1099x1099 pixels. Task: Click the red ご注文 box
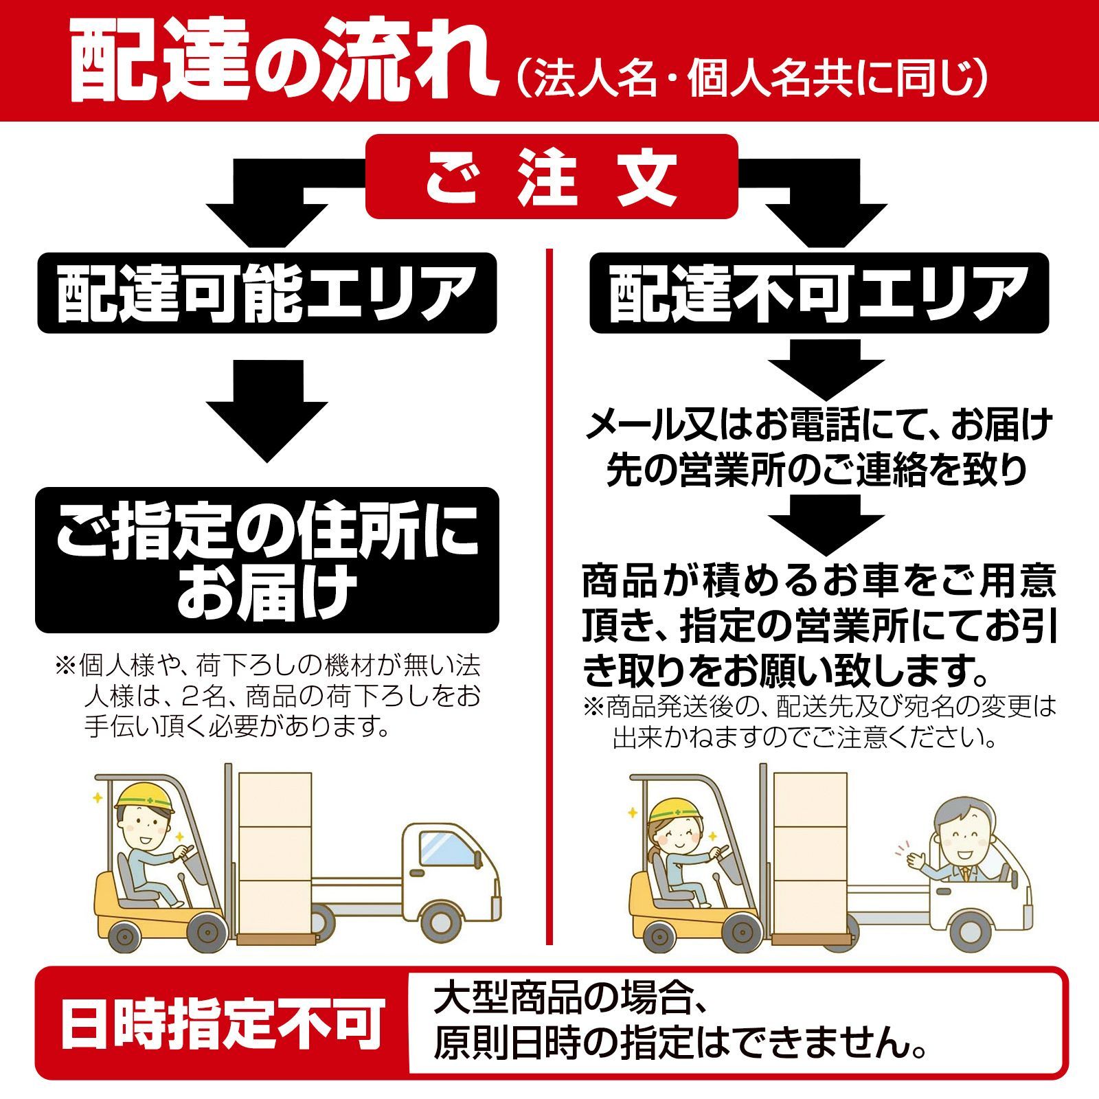[551, 177]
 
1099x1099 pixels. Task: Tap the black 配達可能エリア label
[267, 293]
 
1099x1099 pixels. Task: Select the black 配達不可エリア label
[819, 293]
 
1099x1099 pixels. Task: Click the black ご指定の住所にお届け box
[267, 560]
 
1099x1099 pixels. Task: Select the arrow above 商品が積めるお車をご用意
[825, 523]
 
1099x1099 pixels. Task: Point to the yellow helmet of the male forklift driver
[144, 796]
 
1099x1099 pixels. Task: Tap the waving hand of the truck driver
[916, 858]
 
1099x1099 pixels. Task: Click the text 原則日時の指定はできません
[680, 1045]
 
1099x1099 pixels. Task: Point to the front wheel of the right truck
[969, 929]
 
